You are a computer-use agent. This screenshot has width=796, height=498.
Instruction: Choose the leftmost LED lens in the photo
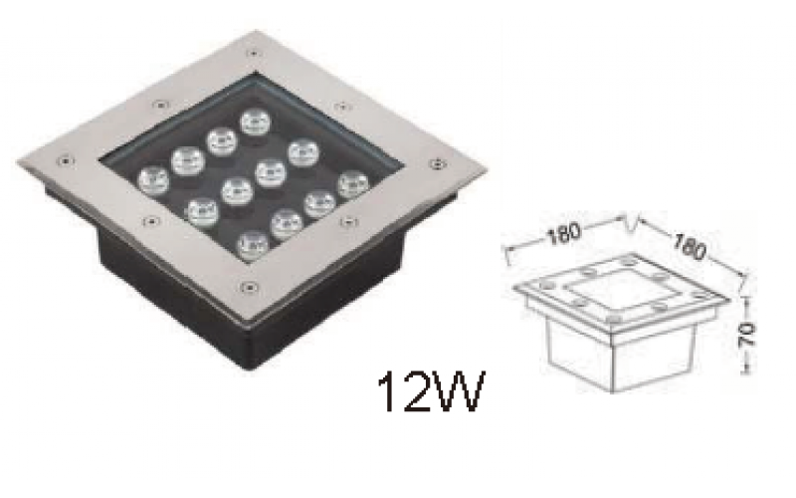(152, 179)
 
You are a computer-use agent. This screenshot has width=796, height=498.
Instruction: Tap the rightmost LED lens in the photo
(351, 185)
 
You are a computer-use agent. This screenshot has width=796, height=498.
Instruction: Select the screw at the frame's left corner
(65, 158)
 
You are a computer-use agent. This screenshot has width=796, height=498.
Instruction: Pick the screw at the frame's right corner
(435, 163)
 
